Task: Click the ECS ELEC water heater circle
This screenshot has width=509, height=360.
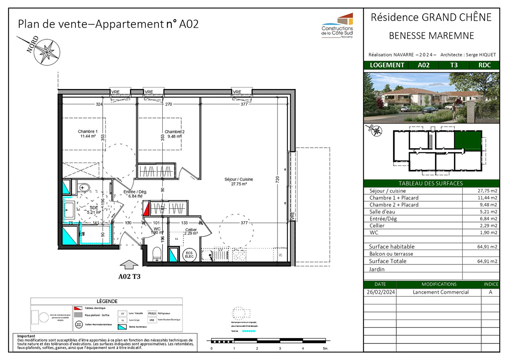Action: (x=189, y=255)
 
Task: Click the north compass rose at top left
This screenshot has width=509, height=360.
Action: (x=47, y=52)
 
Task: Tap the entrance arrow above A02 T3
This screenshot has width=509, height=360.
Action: (x=129, y=265)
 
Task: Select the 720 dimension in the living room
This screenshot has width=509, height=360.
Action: (x=277, y=179)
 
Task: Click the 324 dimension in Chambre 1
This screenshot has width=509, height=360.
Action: (x=99, y=104)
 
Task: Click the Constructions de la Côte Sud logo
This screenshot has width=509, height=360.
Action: (x=338, y=26)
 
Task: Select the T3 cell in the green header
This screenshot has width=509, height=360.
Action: (x=454, y=65)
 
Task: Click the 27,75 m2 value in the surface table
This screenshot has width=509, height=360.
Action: (x=487, y=191)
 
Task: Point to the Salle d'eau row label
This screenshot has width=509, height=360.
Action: (x=382, y=212)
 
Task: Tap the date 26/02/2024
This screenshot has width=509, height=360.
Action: (x=381, y=292)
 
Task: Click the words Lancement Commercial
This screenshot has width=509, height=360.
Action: (x=440, y=292)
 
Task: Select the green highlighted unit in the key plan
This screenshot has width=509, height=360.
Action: (x=468, y=140)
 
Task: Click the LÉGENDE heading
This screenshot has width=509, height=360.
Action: (x=107, y=301)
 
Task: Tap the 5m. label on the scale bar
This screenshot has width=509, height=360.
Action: (x=325, y=348)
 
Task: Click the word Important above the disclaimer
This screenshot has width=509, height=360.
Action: (x=26, y=336)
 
